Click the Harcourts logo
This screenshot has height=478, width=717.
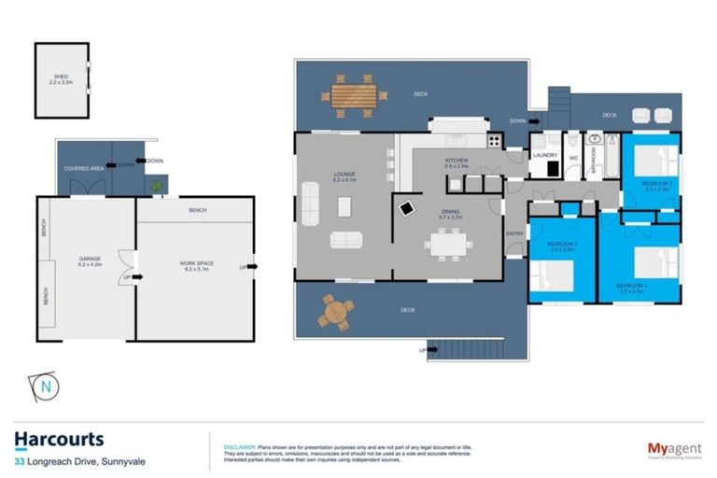click(x=59, y=440)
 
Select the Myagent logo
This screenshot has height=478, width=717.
click(x=675, y=449)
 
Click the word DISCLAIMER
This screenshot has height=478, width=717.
click(x=239, y=446)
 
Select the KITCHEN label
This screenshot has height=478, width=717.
click(x=456, y=162)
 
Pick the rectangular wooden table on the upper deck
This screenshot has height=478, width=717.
click(x=354, y=94)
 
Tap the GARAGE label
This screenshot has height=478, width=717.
click(x=90, y=257)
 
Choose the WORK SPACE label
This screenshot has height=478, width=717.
click(x=197, y=264)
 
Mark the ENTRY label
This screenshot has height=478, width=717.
click(x=513, y=232)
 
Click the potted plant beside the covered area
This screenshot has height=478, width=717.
click(x=156, y=187)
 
